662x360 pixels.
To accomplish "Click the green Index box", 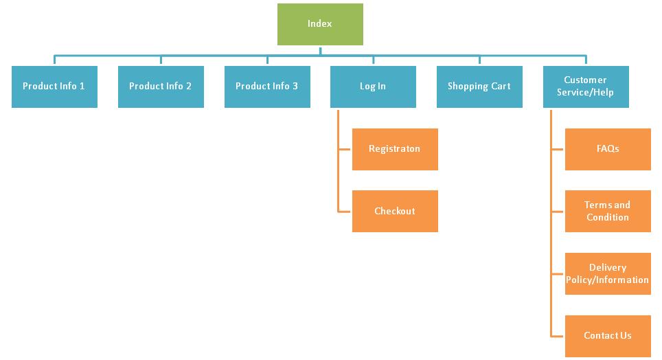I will point(320,24).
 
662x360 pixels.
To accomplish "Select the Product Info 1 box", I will point(54,87).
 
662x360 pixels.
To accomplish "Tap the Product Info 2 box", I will point(161,87).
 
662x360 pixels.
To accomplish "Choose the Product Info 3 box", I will point(267,87).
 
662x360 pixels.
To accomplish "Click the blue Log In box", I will point(373,87).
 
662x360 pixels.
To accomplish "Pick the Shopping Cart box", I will point(479,87).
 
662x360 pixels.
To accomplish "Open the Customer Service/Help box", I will point(586,87).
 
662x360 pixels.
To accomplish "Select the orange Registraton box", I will point(395,149).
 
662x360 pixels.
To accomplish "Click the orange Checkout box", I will point(395,211).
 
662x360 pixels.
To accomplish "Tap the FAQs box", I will point(608,149).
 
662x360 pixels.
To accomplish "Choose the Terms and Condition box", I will point(608,211).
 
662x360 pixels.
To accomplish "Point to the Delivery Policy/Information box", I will point(608,273).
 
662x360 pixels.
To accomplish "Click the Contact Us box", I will point(608,336).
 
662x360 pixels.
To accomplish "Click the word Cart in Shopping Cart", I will point(500,87).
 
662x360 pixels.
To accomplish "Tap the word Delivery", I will point(608,267).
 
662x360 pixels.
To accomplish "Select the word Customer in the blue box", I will point(586,80).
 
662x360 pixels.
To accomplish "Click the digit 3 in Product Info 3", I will point(295,87).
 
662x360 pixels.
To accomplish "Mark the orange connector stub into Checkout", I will point(345,211).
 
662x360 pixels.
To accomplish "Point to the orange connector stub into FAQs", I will point(558,149).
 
